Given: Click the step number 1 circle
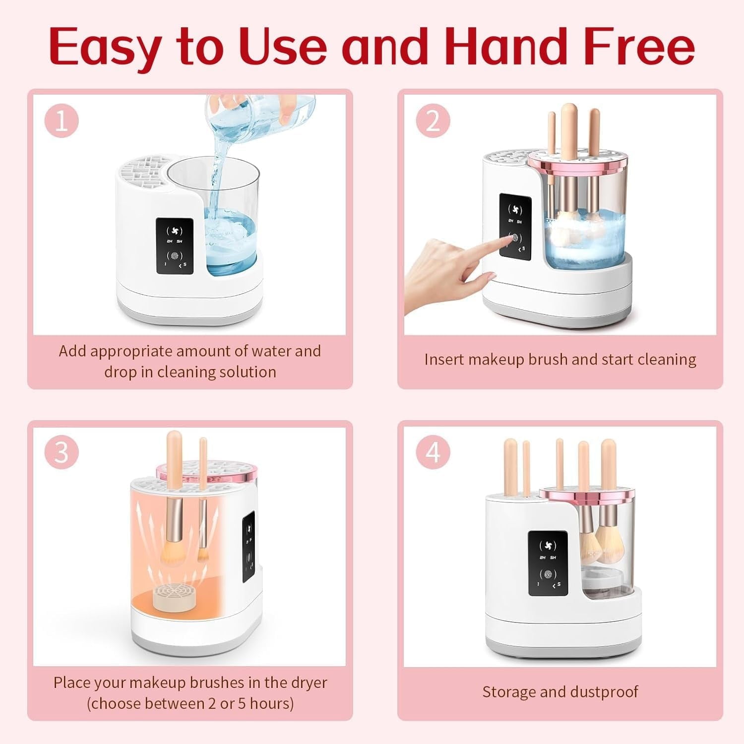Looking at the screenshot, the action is (62, 121).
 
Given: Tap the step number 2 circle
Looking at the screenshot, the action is (433, 121).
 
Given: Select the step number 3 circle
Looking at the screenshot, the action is (62, 452).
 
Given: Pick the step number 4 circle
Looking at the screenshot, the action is (433, 452).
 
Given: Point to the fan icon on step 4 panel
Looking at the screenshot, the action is (548, 546).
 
